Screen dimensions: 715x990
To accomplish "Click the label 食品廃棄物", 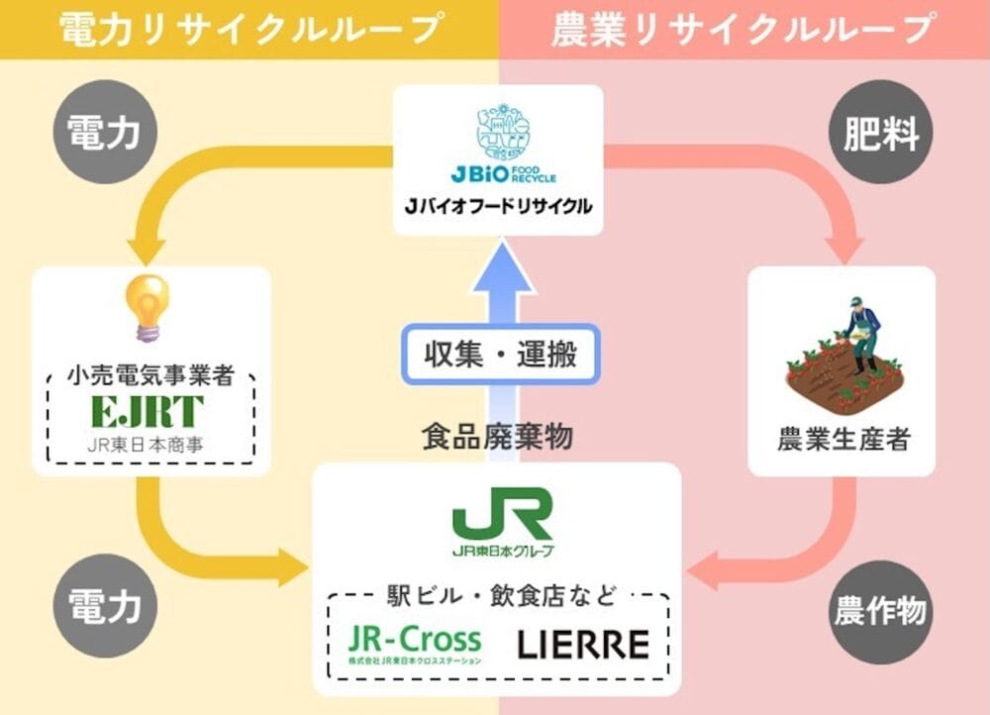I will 498,437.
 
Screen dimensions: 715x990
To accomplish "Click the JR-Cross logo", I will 414,643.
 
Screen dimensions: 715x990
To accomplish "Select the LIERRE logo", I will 584,644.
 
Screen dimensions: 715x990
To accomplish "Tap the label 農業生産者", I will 841,440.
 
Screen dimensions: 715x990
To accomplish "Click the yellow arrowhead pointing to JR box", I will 294,567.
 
